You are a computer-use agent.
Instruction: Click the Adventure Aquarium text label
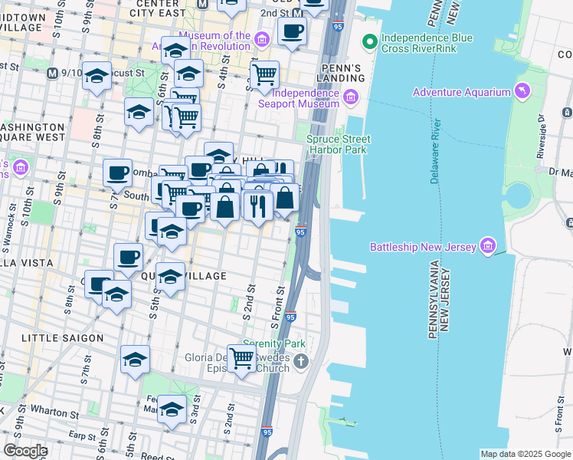[x=461, y=92]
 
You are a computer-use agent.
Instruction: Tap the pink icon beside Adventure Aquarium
[x=522, y=92]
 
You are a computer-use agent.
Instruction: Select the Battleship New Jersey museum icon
[x=487, y=246]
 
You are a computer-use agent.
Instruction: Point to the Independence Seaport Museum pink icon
[x=351, y=96]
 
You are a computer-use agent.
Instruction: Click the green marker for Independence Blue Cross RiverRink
[x=370, y=41]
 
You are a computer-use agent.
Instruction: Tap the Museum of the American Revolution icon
[x=262, y=39]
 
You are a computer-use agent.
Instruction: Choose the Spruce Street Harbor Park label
[x=338, y=144]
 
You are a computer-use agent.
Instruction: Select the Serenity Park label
[x=269, y=343]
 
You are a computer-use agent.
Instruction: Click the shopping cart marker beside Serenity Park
[x=242, y=357]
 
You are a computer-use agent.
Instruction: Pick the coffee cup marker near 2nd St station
[x=292, y=31]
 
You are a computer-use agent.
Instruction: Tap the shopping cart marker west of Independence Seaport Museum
[x=264, y=74]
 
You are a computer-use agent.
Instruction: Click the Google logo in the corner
[x=25, y=451]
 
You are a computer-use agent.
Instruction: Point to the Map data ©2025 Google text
[x=525, y=454]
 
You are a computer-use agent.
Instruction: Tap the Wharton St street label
[x=51, y=412]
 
